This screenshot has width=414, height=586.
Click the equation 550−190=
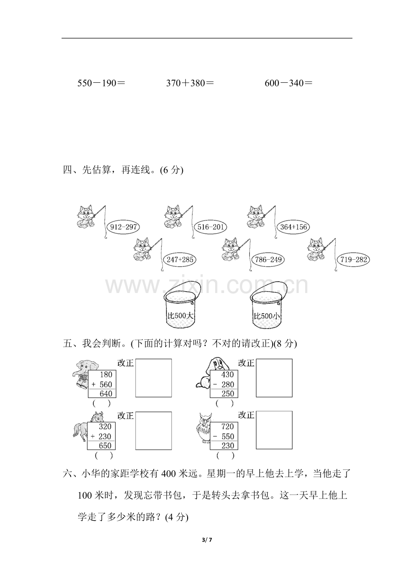[x=101, y=83]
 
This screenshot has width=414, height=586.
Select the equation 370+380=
[x=190, y=83]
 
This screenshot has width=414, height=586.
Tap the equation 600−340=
[x=288, y=83]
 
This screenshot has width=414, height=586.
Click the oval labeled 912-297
[x=123, y=227]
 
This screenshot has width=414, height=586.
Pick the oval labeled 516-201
[x=211, y=227]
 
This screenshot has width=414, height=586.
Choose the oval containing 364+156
[x=293, y=227]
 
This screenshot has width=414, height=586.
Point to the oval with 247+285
[x=180, y=260]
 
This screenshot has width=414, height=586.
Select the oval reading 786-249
[x=268, y=260]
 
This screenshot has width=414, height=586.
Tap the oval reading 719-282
[x=354, y=260]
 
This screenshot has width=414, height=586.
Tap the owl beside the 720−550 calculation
[x=204, y=428]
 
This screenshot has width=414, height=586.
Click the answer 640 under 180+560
[x=106, y=393]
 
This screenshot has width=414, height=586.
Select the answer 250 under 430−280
[x=228, y=393]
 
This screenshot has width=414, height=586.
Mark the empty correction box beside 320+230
[x=153, y=431]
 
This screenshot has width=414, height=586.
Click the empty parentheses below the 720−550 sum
[x=225, y=456]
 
